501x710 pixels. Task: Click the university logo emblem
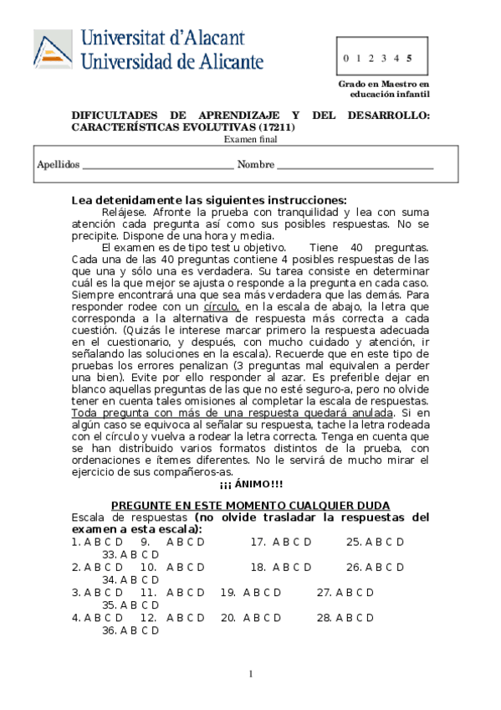click(x=53, y=49)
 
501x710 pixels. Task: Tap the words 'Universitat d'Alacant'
click(x=163, y=38)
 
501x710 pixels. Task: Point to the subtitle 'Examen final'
click(x=250, y=139)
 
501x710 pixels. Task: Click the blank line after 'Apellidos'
click(x=158, y=165)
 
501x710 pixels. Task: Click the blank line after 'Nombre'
click(x=355, y=165)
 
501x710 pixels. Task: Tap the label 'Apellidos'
click(x=58, y=165)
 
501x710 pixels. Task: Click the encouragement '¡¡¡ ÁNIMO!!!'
click(x=250, y=483)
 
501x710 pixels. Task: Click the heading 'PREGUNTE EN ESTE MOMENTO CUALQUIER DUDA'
click(x=250, y=506)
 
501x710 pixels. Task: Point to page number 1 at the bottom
click(x=250, y=675)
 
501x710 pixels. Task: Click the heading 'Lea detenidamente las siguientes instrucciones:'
click(x=208, y=200)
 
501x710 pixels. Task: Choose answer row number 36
click(x=130, y=630)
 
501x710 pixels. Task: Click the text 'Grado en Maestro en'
click(x=383, y=85)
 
